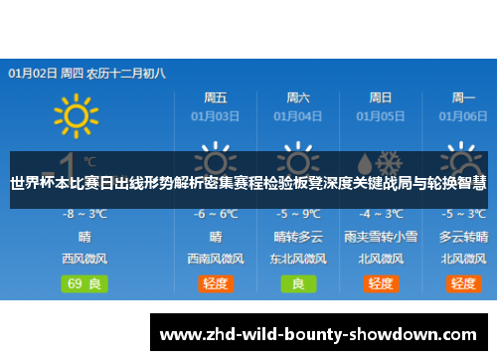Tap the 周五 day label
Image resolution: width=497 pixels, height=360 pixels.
click(216, 98)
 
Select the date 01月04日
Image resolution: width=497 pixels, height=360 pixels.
click(297, 115)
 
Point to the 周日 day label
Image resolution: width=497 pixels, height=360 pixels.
click(380, 98)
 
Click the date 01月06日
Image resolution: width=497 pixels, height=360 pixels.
click(462, 115)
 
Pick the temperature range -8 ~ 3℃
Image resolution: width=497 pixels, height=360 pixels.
click(85, 214)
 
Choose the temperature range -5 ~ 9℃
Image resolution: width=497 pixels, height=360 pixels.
click(297, 214)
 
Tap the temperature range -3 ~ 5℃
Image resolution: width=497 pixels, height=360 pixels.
click(462, 214)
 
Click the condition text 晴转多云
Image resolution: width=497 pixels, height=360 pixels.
click(297, 237)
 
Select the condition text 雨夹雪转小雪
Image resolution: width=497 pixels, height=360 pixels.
click(380, 237)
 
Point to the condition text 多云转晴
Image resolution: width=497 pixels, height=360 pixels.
click(462, 237)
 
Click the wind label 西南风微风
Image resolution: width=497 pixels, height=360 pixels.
click(216, 259)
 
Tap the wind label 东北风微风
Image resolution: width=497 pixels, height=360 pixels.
click(297, 259)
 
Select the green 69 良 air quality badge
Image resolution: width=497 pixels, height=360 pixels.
click(85, 283)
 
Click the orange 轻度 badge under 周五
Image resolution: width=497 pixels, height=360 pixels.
click(216, 283)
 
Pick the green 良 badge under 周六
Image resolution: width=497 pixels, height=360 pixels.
click(297, 283)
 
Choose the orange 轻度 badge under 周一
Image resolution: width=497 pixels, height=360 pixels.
click(462, 283)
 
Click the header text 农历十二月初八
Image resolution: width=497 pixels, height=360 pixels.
click(126, 73)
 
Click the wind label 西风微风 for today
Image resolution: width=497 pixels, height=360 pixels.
click(85, 259)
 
